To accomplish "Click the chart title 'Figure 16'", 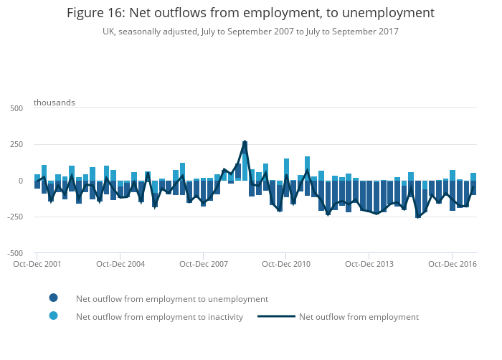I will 250,13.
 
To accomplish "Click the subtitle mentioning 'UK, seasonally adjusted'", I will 250,32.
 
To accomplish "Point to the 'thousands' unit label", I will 55,103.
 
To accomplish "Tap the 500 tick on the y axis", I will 16,108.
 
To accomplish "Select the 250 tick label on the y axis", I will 16,145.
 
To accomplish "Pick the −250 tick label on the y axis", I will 14,217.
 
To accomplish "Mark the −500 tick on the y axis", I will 14,253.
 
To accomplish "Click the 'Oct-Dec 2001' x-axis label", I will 37,264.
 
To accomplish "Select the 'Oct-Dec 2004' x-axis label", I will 120,264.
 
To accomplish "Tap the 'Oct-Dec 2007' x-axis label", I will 204,264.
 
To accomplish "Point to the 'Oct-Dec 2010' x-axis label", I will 286,264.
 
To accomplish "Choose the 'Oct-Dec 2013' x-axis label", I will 369,264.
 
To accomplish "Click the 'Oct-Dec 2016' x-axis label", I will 453,264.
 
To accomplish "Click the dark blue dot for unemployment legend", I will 54,298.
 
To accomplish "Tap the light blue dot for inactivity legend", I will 54,316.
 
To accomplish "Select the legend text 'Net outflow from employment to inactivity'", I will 159,317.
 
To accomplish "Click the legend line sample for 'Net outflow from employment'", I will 276,317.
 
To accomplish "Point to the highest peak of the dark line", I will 245,142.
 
